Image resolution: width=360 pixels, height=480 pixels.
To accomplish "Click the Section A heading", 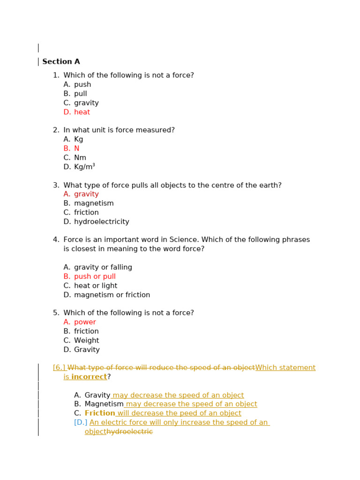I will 61,62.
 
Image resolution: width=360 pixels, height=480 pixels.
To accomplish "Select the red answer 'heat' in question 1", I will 82,112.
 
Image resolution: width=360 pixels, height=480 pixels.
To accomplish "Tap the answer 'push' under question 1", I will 82,85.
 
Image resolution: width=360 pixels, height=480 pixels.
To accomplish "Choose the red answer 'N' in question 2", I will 76,149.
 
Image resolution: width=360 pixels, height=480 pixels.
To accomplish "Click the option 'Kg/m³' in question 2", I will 84,167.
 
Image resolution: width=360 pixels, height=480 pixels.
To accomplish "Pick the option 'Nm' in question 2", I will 80,158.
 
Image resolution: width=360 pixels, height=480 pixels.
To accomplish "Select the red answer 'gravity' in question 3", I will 86,195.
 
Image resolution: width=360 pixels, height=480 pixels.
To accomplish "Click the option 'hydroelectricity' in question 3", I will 101,222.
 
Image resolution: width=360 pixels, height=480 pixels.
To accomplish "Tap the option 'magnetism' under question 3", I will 94,203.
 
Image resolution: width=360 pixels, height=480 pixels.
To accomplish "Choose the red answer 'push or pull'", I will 95,277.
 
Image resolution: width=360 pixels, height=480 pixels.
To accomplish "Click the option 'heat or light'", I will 96,286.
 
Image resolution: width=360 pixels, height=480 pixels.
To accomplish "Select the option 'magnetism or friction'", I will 112,295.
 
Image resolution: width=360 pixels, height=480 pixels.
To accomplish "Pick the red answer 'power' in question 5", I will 85,322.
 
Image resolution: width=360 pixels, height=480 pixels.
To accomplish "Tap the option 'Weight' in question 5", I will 86,341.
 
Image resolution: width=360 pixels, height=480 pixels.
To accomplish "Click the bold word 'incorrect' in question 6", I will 89,377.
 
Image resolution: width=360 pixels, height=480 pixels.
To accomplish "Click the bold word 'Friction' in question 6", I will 100,413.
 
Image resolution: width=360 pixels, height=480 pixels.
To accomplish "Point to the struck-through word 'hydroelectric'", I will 130,432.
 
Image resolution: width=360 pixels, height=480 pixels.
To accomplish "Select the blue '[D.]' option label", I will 81,423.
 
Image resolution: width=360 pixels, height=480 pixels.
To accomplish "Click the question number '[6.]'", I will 59,368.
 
